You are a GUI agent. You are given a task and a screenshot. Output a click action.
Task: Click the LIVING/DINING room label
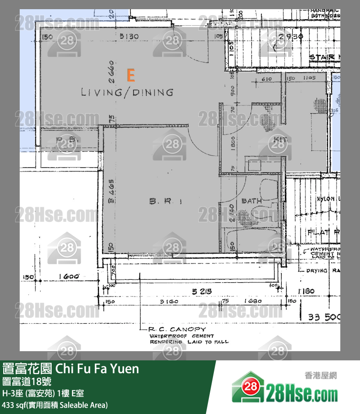click(x=127, y=92)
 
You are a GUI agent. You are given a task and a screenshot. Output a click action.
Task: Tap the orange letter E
click(x=131, y=74)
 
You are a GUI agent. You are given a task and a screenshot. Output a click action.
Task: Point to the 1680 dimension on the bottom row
click(x=253, y=302)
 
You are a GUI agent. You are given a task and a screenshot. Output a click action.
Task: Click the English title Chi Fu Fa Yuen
click(x=97, y=369)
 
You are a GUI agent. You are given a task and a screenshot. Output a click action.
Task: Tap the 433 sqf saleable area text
click(x=55, y=405)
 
